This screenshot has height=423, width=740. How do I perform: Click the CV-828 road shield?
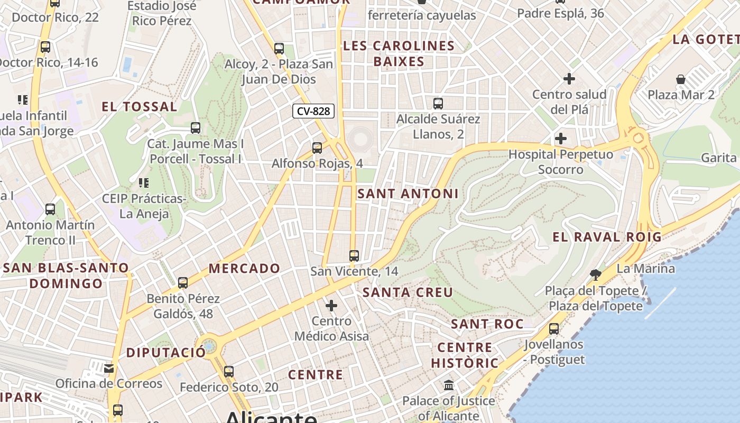pos(313,111)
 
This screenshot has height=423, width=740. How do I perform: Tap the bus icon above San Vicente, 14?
pos(354,256)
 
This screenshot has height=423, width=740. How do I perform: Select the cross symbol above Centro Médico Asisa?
pos(331,306)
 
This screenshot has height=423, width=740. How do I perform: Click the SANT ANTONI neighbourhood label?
pos(408,194)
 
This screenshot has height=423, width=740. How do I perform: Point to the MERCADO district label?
pos(244,269)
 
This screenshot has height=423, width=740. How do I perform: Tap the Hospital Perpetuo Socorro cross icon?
pos(561,139)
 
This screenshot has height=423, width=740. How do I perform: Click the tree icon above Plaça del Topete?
pos(596,274)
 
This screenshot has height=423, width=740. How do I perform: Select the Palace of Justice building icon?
pos(449,385)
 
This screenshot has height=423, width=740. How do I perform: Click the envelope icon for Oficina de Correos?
pos(109,368)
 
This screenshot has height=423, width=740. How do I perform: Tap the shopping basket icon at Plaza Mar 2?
pos(681,80)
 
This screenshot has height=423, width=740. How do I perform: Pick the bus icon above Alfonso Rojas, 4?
pos(317,148)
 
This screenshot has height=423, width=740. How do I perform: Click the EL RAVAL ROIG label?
pos(607,237)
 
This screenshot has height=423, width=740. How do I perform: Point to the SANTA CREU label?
pos(408,292)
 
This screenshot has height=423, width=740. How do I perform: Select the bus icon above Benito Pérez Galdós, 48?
pos(183,283)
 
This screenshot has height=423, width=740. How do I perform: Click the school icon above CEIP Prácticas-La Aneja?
pos(143,183)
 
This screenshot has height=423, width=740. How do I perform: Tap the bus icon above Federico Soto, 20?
pos(229,372)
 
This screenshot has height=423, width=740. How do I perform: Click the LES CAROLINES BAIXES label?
pos(399,53)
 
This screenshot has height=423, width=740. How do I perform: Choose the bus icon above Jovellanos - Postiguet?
pos(554,329)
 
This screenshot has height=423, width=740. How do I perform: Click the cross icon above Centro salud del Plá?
pos(569,79)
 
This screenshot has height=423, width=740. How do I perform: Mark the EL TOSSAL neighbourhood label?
pos(140,107)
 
